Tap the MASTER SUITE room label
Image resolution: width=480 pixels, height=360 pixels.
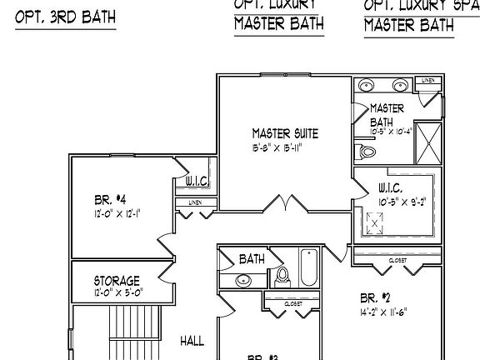(x=285, y=133)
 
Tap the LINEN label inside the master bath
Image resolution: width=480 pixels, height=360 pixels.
(x=427, y=81)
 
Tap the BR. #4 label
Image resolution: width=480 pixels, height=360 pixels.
(x=111, y=199)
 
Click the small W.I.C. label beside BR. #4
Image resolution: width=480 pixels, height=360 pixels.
(x=196, y=182)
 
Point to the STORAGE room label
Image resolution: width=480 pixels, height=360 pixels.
(x=117, y=281)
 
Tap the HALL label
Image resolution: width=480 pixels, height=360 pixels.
(x=192, y=341)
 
